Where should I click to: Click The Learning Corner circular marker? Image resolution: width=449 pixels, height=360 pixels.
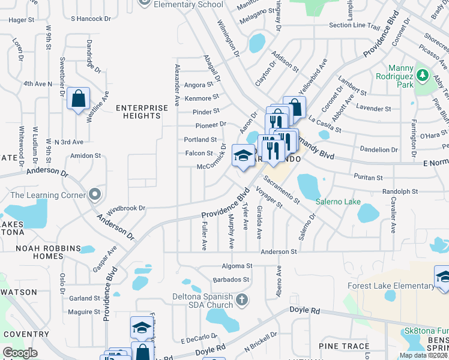(94, 194)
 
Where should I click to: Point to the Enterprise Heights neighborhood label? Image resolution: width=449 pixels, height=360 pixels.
(142, 112)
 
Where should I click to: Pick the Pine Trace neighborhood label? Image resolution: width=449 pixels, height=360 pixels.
(343, 346)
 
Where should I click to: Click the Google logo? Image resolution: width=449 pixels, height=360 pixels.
(20, 352)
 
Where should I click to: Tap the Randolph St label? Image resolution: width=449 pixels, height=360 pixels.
(399, 191)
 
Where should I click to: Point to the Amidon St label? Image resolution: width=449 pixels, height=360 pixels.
(85, 155)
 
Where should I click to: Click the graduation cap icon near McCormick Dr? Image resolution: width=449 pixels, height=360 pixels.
(243, 155)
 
